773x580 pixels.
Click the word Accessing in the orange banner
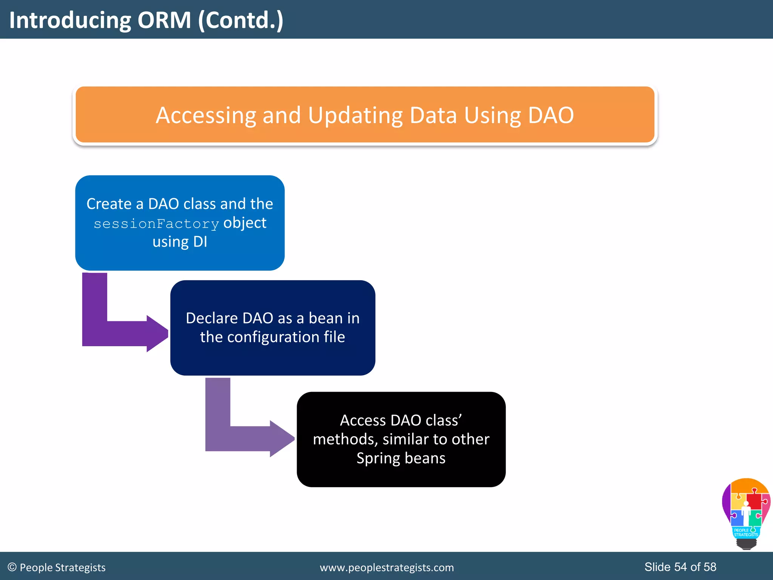[x=206, y=115]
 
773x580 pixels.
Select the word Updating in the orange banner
[x=355, y=115]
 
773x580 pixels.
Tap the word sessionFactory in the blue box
[x=156, y=224]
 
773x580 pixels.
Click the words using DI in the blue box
[x=180, y=242]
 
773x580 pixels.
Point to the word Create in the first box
[x=109, y=204]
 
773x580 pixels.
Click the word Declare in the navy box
[x=211, y=318]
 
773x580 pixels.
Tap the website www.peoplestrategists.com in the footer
[x=386, y=568]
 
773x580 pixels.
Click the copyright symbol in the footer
[x=12, y=567]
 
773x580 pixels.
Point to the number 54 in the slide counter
[x=680, y=567]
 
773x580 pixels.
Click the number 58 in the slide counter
[x=710, y=567]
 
